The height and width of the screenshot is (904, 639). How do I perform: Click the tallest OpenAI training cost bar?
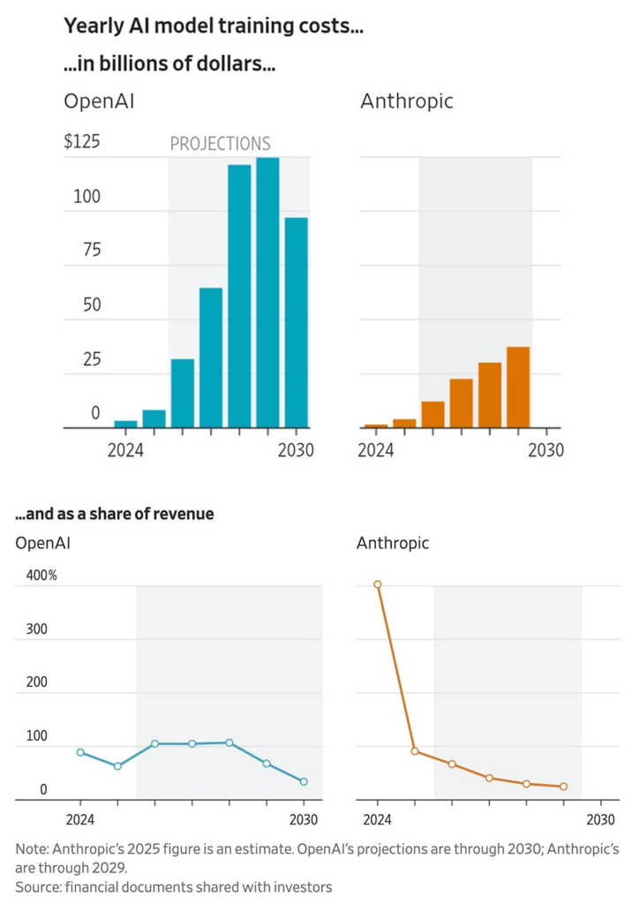(267, 293)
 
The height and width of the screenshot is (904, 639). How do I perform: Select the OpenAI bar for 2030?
(296, 323)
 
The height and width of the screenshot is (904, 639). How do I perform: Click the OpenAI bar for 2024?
(126, 425)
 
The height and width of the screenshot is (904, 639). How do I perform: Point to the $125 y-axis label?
(81, 142)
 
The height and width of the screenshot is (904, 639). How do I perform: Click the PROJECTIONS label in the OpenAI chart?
(220, 144)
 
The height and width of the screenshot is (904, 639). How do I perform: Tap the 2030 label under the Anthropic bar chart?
(545, 450)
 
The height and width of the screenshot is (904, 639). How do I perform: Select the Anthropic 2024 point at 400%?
(378, 584)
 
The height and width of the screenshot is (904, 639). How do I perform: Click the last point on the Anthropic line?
(563, 787)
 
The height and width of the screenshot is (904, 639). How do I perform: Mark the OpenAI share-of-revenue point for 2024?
(80, 752)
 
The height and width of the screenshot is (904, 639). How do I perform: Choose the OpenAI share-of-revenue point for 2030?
(304, 781)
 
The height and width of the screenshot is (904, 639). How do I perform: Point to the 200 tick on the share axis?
(34, 682)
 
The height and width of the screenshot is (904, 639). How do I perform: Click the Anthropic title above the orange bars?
(406, 101)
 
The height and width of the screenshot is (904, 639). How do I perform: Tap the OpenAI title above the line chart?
(42, 543)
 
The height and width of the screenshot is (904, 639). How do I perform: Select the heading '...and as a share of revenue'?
(115, 514)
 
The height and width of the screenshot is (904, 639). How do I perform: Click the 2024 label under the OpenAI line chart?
(80, 817)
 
